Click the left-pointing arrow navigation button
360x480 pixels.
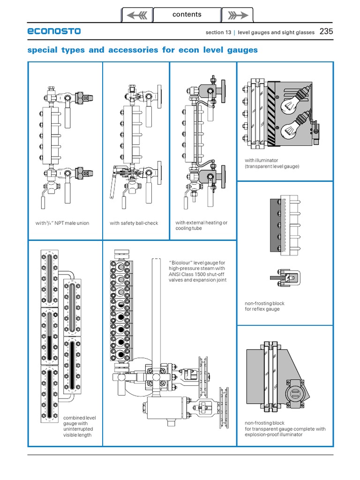click(137, 15)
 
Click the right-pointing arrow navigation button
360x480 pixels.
click(237, 15)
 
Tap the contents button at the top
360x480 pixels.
click(187, 15)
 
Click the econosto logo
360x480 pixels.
click(54, 31)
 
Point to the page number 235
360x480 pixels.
click(326, 32)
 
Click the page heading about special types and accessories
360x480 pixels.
click(142, 50)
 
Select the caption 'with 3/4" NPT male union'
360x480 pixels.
click(62, 223)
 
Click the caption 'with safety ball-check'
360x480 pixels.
click(134, 223)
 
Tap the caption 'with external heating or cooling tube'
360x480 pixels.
click(202, 225)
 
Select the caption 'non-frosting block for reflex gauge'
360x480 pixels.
click(264, 306)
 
